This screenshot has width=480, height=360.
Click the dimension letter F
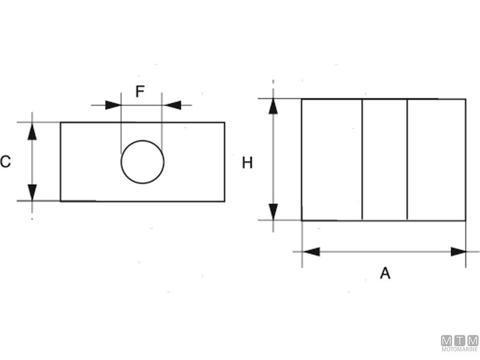(140, 92)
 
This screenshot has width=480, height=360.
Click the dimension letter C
(5, 161)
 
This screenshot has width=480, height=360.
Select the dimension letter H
(247, 162)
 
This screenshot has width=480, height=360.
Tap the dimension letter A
(385, 273)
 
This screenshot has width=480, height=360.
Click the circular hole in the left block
(143, 162)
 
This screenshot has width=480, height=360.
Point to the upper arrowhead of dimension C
(32, 131)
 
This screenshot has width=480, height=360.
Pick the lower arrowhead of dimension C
(32, 192)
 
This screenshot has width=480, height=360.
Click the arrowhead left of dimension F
(113, 105)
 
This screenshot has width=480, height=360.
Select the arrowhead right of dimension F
(172, 105)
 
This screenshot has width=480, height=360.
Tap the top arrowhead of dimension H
(274, 106)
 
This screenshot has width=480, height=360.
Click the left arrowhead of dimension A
(311, 251)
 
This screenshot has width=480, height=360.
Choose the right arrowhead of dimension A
(458, 251)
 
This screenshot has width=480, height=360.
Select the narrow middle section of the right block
(385, 160)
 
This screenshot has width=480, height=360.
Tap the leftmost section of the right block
(332, 160)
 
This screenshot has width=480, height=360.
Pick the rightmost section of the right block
(436, 160)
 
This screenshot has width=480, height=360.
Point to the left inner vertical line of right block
(362, 160)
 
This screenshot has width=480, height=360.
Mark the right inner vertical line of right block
(407, 160)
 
